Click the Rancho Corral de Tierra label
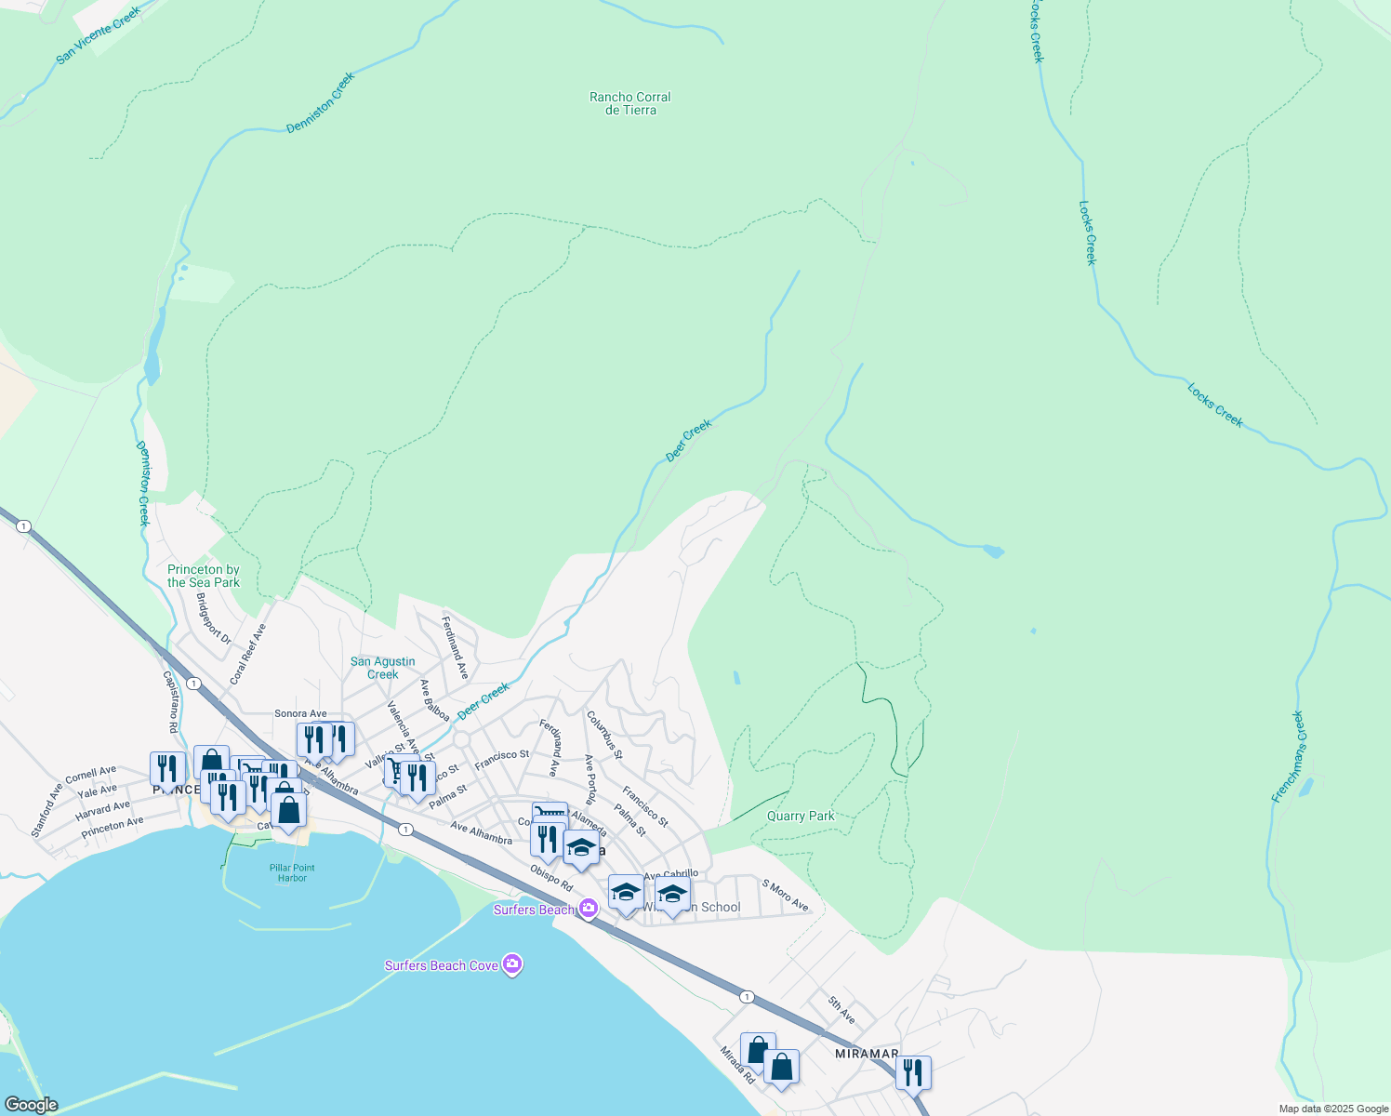click(x=629, y=103)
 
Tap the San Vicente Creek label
click(x=98, y=36)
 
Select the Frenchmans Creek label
click(x=1288, y=757)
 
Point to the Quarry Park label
click(x=801, y=817)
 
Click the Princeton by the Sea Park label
click(x=204, y=576)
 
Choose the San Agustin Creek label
click(x=382, y=668)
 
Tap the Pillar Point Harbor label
click(x=292, y=872)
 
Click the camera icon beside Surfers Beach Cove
click(x=512, y=964)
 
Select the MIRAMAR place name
click(x=867, y=1054)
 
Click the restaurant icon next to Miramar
click(x=913, y=1072)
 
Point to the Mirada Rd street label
click(x=737, y=1065)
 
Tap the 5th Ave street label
click(x=841, y=1010)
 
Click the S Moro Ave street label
click(x=786, y=895)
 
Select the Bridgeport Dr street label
click(x=213, y=618)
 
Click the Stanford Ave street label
click(x=46, y=809)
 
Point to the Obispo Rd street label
click(x=551, y=878)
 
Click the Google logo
click(x=31, y=1105)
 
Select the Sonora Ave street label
click(x=300, y=714)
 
